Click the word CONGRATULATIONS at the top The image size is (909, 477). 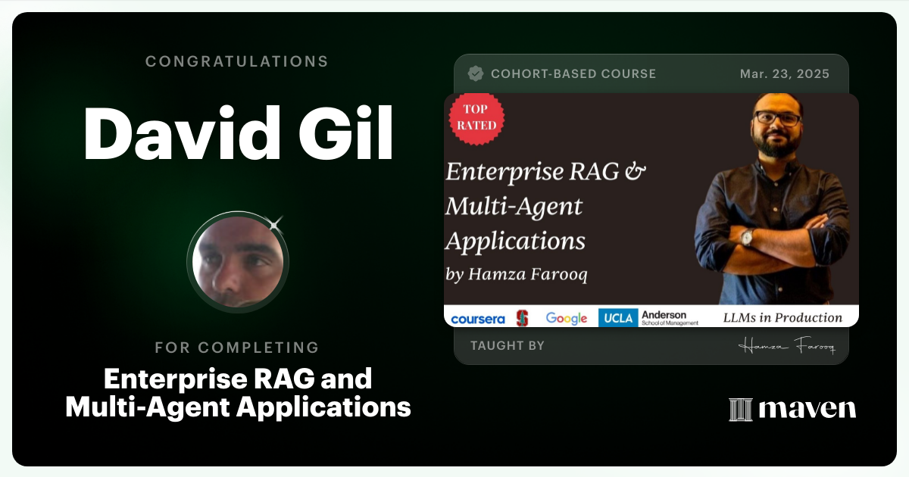(237, 61)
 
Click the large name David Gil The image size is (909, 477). (238, 135)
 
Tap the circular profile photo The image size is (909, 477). (238, 262)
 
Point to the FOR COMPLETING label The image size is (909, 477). (237, 348)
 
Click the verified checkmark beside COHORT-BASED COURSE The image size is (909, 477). (476, 73)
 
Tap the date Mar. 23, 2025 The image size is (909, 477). (784, 74)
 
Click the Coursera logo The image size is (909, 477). (477, 319)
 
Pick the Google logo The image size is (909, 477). (567, 318)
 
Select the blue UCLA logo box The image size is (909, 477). (617, 318)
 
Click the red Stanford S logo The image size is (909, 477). (522, 318)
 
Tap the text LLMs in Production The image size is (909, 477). (782, 318)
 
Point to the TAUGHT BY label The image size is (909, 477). (507, 346)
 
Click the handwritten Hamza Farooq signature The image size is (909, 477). (786, 347)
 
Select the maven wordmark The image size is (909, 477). (807, 409)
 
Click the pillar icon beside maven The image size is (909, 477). (739, 409)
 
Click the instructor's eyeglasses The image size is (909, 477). (776, 119)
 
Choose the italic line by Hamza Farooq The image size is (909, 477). (517, 274)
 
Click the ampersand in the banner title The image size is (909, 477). (633, 171)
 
